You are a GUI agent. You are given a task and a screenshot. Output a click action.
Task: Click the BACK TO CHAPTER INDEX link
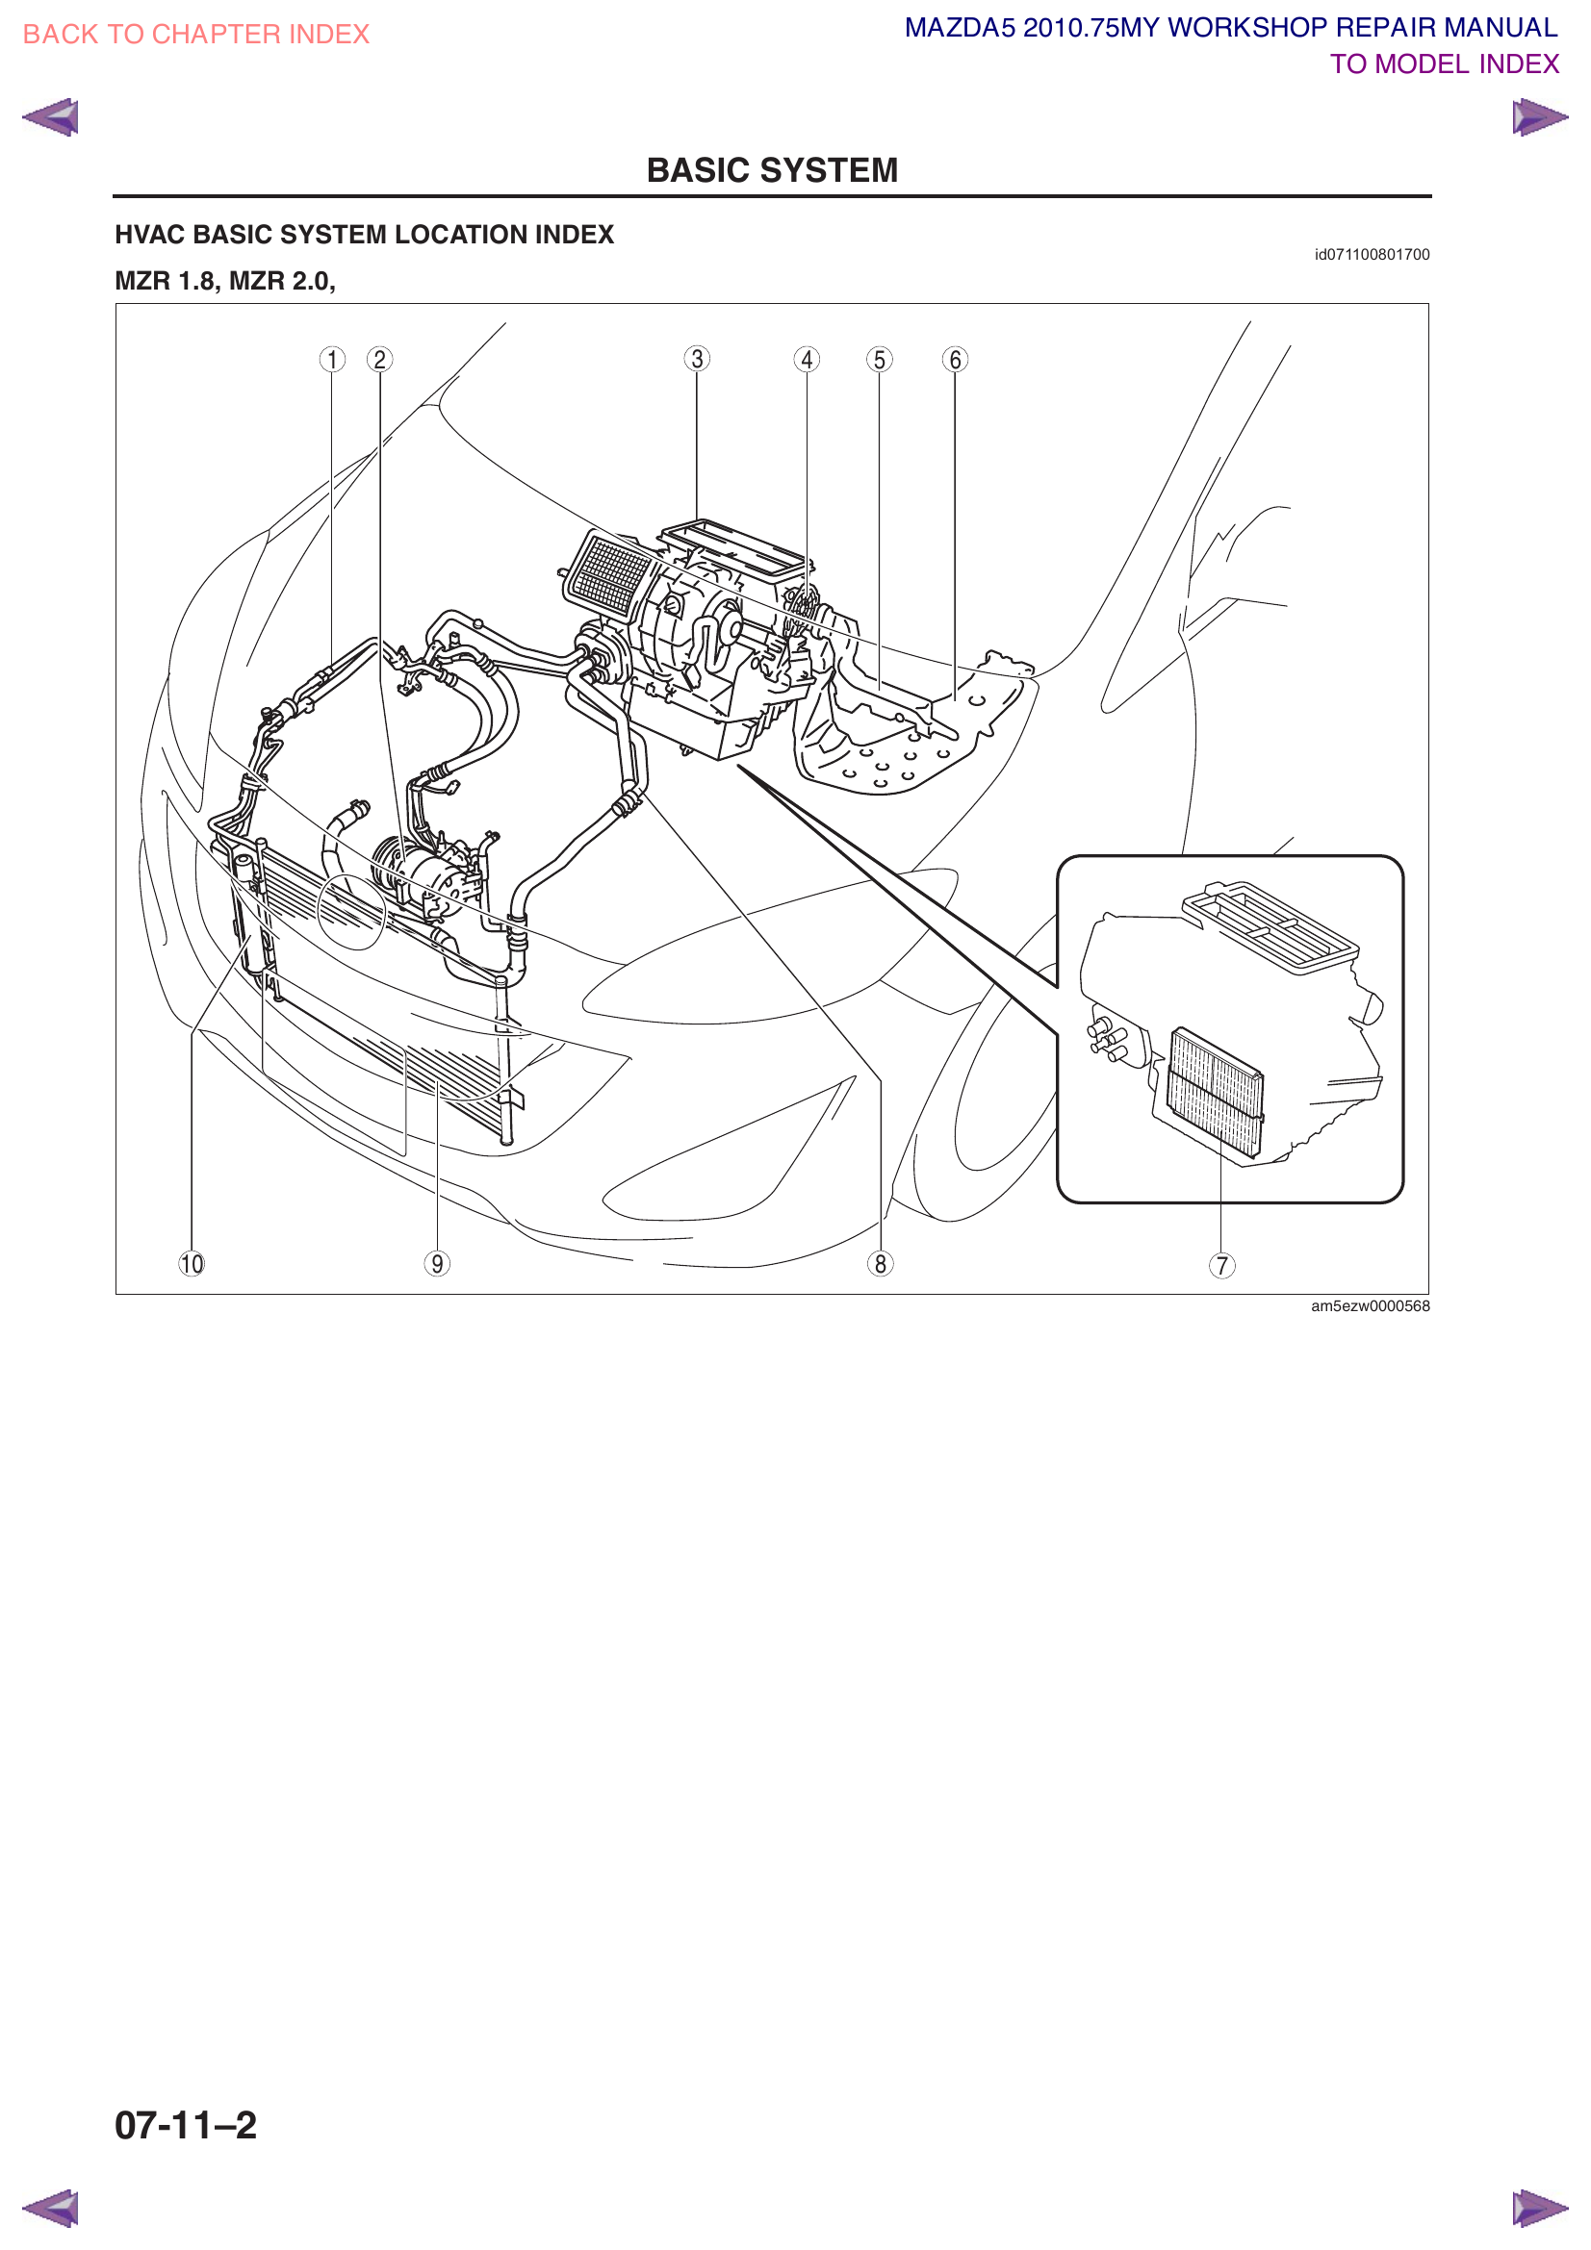[195, 35]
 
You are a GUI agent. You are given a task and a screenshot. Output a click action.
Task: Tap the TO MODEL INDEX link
[1443, 64]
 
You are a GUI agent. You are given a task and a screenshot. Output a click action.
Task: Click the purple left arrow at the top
[50, 117]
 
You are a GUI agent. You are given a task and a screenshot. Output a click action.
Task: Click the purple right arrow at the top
[1539, 117]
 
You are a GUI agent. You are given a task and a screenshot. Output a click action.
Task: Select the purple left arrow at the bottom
[50, 2208]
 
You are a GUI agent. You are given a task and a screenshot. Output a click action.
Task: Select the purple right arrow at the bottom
[1539, 2208]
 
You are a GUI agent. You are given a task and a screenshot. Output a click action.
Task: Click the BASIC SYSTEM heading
[772, 170]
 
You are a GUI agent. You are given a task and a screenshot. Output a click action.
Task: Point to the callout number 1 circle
[332, 360]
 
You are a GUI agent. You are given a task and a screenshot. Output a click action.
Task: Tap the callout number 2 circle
[379, 360]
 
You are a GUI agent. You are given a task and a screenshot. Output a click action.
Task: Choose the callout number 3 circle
[697, 359]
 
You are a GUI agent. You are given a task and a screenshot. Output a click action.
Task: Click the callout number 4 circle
[807, 360]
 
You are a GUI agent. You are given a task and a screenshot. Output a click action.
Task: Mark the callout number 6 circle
[955, 360]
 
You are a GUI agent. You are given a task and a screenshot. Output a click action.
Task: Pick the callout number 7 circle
[1221, 1265]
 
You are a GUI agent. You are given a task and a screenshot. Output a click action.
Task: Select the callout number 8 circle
[881, 1264]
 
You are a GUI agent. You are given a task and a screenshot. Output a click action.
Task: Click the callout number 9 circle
[437, 1264]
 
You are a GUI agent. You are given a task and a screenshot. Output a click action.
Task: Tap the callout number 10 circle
[192, 1264]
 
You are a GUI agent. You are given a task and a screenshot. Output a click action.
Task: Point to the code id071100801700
[1371, 255]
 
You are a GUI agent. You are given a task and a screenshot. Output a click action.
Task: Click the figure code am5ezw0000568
[1370, 1306]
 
